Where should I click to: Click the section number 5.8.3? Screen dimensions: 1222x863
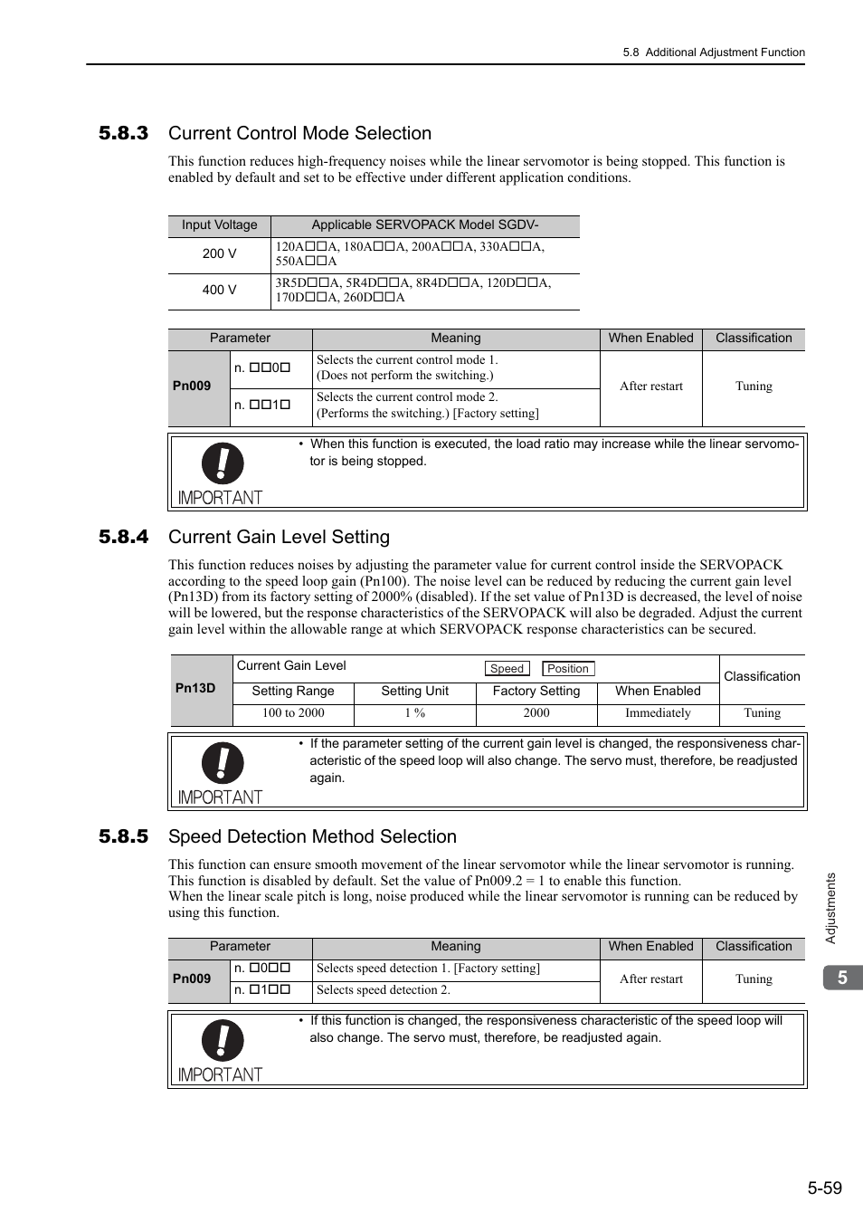[123, 133]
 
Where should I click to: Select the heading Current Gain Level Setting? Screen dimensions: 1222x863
[279, 537]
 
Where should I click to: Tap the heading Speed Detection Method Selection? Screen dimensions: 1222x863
[312, 836]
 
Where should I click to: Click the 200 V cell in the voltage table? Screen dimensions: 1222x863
[219, 253]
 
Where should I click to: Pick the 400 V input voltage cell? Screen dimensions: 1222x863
[219, 290]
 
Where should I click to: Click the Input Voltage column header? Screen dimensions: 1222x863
[219, 225]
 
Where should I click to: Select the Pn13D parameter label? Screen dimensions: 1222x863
[195, 688]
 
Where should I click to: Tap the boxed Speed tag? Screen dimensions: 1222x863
[507, 669]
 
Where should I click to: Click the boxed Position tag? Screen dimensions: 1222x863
[568, 669]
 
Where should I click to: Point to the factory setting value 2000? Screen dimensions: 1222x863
[536, 713]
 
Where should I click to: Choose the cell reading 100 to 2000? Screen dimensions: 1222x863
[293, 713]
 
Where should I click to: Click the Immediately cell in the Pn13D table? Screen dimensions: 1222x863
[658, 713]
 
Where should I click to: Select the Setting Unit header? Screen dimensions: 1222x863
[414, 691]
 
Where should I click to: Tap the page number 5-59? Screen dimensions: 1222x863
[825, 1188]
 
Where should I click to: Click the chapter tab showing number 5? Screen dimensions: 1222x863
[842, 978]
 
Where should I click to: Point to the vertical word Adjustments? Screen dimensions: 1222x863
[830, 908]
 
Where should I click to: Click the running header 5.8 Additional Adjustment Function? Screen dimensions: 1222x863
[714, 53]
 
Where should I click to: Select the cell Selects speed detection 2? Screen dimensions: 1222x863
[384, 990]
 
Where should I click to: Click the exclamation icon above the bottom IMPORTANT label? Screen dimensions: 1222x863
[223, 1041]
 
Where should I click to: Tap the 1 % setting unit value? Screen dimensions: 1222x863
[414, 713]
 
